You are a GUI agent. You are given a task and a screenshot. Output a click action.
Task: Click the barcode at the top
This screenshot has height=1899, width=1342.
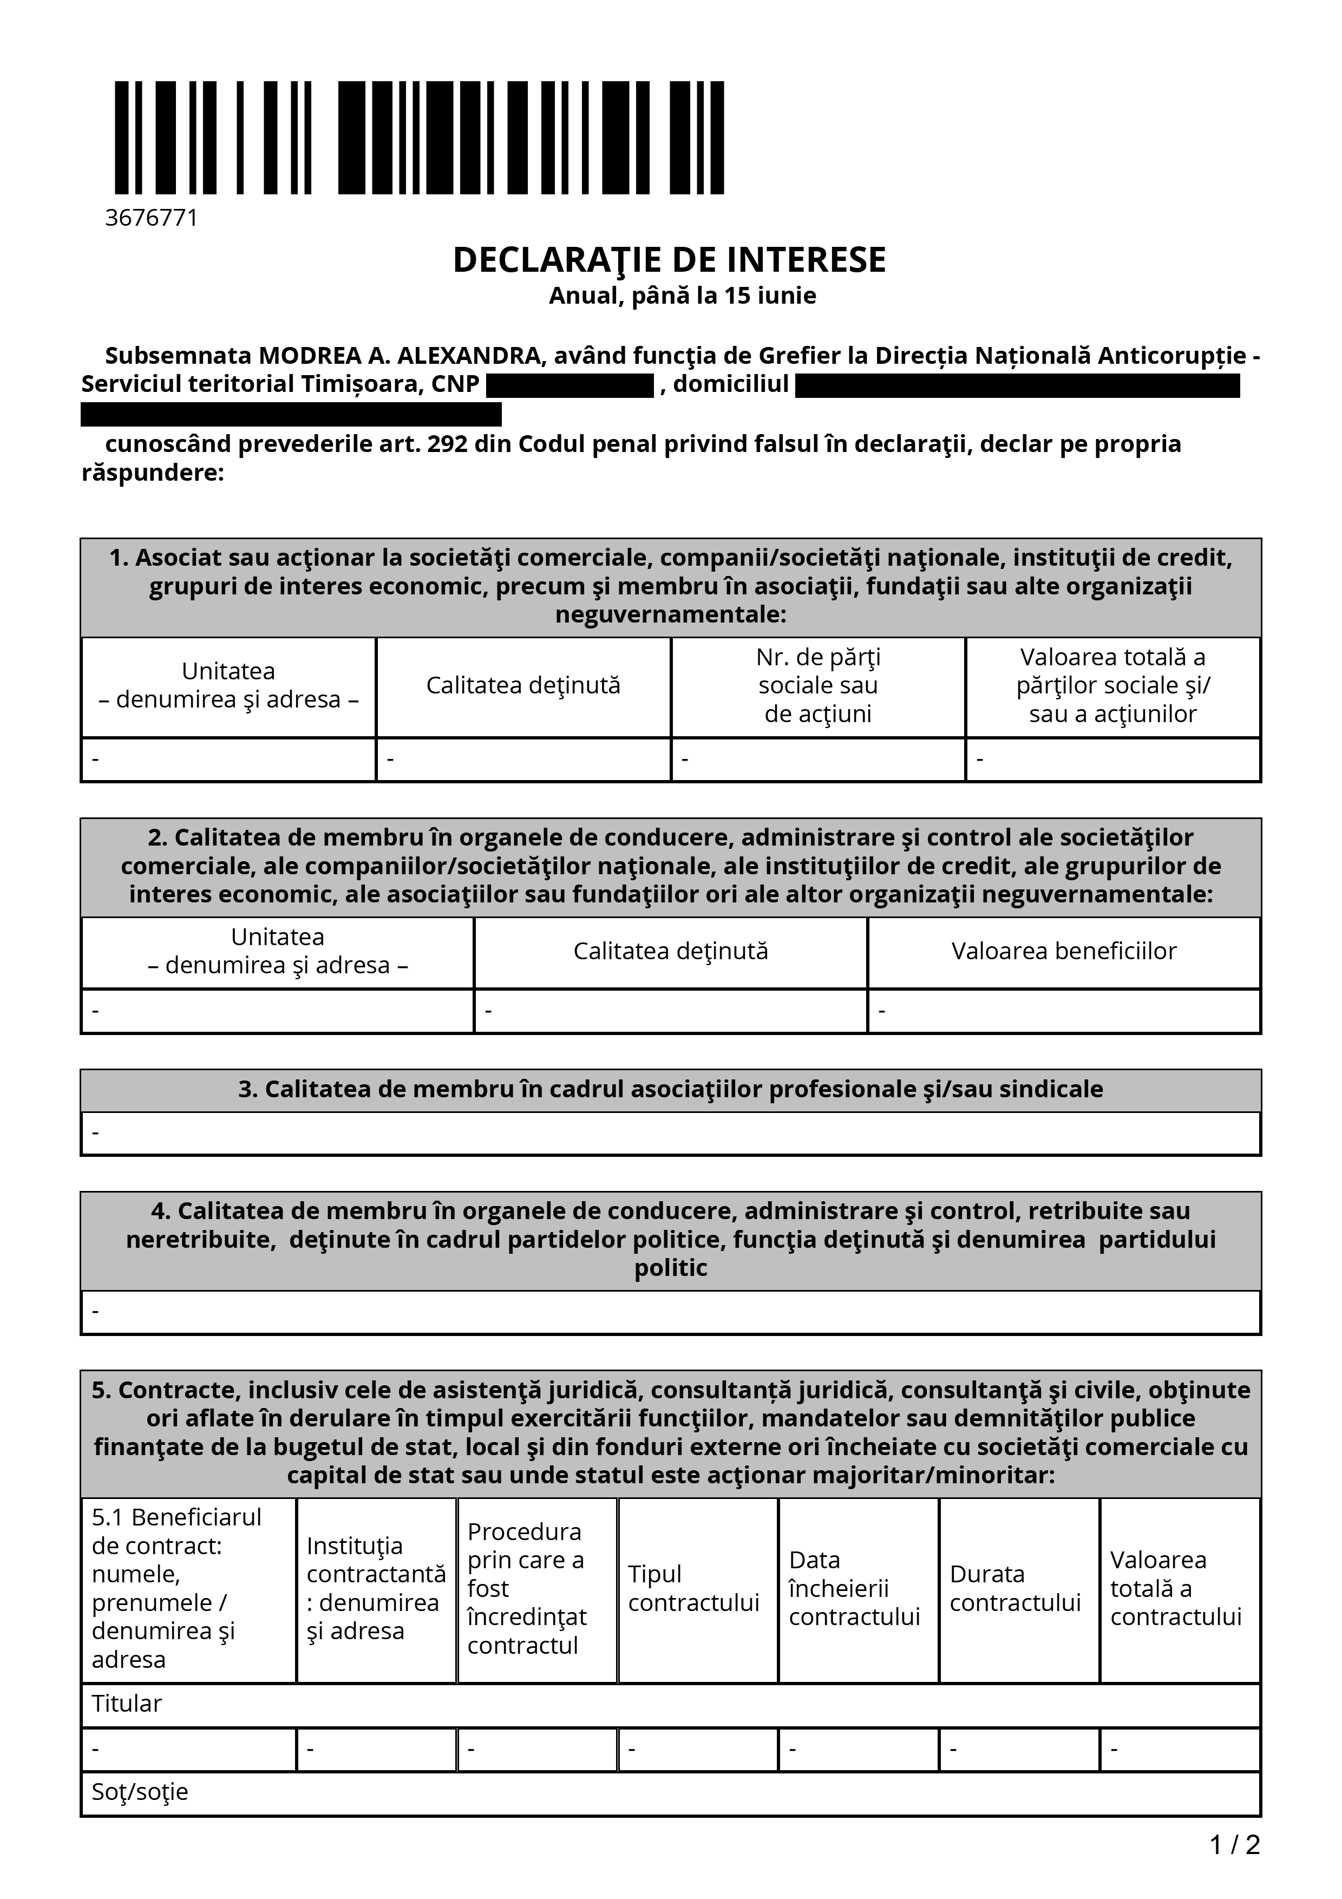pos(419,137)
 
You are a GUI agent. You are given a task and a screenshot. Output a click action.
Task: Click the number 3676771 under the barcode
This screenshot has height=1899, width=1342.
pos(152,218)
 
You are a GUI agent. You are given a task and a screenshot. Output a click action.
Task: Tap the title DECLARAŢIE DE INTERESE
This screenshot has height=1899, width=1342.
pos(669,260)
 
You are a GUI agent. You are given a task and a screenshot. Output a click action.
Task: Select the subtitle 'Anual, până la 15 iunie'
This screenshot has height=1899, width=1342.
pos(682,296)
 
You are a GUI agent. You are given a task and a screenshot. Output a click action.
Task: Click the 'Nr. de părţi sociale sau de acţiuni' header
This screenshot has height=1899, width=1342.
pos(818,686)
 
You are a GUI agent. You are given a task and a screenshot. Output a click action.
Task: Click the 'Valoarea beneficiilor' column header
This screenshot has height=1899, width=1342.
pos(1063,951)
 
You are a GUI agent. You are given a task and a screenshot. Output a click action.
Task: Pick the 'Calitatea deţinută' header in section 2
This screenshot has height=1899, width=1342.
pos(671,951)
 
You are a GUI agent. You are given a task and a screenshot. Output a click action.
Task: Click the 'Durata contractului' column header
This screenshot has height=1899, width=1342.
pos(1016,1588)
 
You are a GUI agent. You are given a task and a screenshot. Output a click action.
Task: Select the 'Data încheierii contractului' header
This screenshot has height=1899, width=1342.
pos(854,1588)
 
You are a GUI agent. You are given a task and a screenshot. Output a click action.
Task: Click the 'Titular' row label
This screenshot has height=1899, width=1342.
pos(127,1704)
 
